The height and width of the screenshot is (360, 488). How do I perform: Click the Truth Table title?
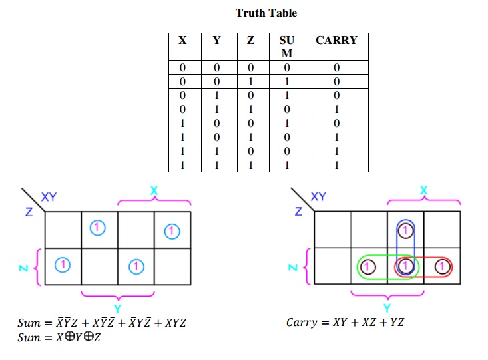coord(266,13)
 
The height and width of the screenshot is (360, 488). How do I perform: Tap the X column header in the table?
coord(182,40)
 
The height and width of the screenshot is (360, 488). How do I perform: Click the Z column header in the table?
coord(250,40)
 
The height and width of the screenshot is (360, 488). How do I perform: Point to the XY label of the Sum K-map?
coord(49,197)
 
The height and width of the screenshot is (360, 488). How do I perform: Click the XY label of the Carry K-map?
coord(319,197)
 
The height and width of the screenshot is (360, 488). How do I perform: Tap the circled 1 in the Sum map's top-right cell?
coord(172,230)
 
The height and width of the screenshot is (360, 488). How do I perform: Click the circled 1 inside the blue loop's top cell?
coord(405,230)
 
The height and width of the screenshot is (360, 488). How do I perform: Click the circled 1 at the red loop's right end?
coord(441,267)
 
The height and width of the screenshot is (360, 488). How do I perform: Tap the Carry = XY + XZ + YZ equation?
coord(345,323)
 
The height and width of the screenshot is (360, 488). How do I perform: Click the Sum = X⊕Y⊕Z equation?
coord(60,337)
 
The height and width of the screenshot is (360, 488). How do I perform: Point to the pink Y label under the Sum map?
coord(117,307)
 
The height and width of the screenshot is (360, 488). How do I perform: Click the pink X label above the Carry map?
coord(424,191)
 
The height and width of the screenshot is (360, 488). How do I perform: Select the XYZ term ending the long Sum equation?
coord(174,323)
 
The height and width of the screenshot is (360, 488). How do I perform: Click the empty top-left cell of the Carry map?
coord(333,230)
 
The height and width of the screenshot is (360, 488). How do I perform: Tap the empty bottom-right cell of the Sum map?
coord(172,266)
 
